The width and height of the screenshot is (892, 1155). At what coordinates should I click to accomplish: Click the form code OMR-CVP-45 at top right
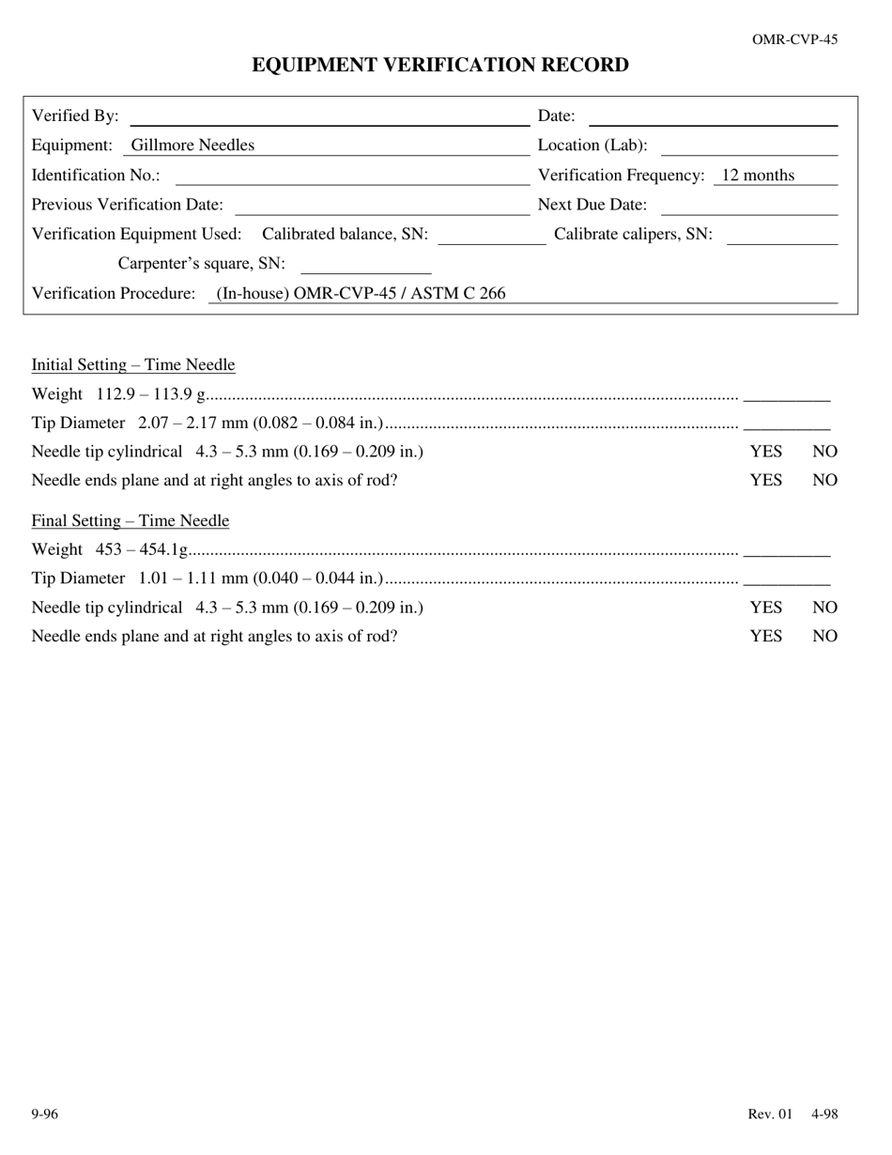coord(794,39)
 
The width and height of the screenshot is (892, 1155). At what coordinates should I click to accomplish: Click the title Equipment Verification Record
coord(439,65)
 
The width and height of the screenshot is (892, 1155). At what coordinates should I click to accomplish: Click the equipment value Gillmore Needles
coord(192,146)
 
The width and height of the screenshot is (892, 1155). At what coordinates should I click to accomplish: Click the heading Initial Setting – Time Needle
coord(133,365)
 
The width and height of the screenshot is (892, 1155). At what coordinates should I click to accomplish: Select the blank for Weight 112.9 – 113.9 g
coord(786,394)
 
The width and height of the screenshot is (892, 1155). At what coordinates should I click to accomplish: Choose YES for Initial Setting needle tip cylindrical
coord(765,452)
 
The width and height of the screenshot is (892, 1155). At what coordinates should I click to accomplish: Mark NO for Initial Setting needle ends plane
coord(824,481)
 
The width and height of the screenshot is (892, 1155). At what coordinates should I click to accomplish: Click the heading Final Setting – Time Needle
coord(131,521)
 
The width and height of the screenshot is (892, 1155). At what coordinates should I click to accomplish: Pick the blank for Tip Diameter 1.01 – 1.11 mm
coord(786,578)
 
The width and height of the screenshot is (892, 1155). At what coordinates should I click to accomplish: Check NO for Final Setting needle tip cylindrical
coord(824,608)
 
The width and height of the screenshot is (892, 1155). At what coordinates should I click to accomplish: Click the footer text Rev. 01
coord(770,1115)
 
